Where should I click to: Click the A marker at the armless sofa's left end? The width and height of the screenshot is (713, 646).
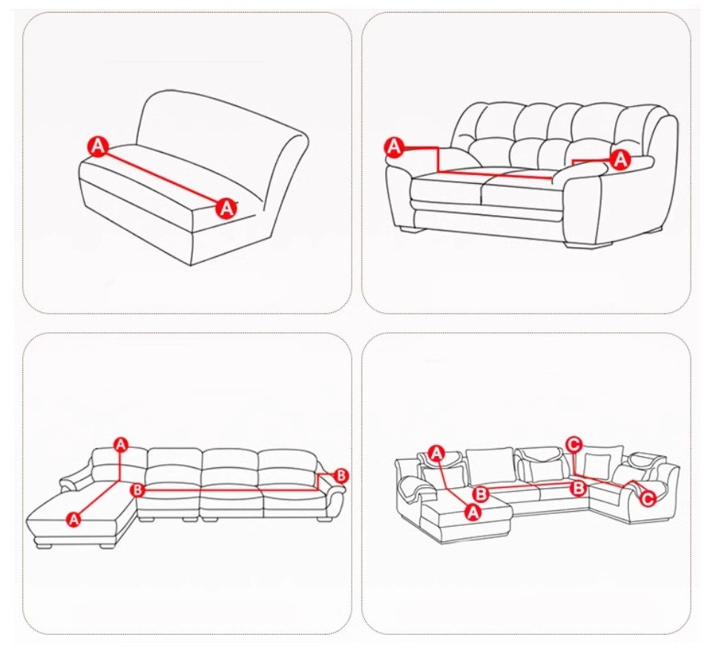point(99,146)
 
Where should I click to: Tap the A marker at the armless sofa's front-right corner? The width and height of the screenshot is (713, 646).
point(226,208)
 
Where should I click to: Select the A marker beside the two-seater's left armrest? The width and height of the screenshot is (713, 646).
point(394,147)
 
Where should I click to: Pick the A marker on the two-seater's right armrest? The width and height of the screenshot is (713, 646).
point(620,159)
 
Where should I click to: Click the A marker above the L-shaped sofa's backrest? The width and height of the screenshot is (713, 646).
point(120,444)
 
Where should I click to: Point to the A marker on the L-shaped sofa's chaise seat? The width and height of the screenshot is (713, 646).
point(73,518)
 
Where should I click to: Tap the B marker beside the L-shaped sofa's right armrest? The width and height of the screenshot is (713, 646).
point(341,476)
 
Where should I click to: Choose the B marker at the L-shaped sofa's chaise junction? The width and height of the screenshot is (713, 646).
point(137,490)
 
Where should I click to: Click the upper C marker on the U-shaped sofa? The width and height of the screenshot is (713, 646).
point(574,444)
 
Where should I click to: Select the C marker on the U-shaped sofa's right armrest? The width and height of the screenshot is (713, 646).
point(648,498)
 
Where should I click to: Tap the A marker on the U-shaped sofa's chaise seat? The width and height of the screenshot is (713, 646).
point(473,512)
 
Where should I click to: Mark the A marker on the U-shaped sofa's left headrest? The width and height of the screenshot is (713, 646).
point(437,453)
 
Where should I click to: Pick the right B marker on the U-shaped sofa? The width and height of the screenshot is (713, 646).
point(578,488)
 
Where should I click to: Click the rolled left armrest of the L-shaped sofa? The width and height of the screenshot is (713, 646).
point(76,481)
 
